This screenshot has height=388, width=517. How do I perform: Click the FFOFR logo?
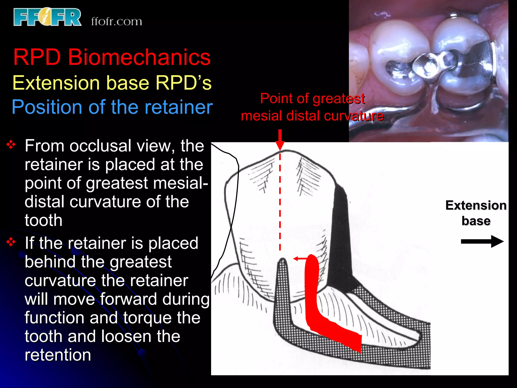(x=47, y=17)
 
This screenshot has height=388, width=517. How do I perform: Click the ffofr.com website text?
(x=116, y=21)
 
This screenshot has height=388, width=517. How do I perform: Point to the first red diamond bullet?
(x=11, y=145)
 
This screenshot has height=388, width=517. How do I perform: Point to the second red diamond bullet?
(x=11, y=242)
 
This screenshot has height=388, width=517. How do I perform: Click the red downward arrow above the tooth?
(x=280, y=140)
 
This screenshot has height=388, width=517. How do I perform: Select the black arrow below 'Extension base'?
(x=482, y=241)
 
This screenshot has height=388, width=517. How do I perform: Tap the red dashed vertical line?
(x=280, y=202)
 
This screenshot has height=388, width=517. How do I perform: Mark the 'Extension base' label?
(x=476, y=213)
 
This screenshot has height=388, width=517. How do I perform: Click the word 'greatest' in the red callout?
(x=339, y=99)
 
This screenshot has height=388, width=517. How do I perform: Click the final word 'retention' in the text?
(x=58, y=355)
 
